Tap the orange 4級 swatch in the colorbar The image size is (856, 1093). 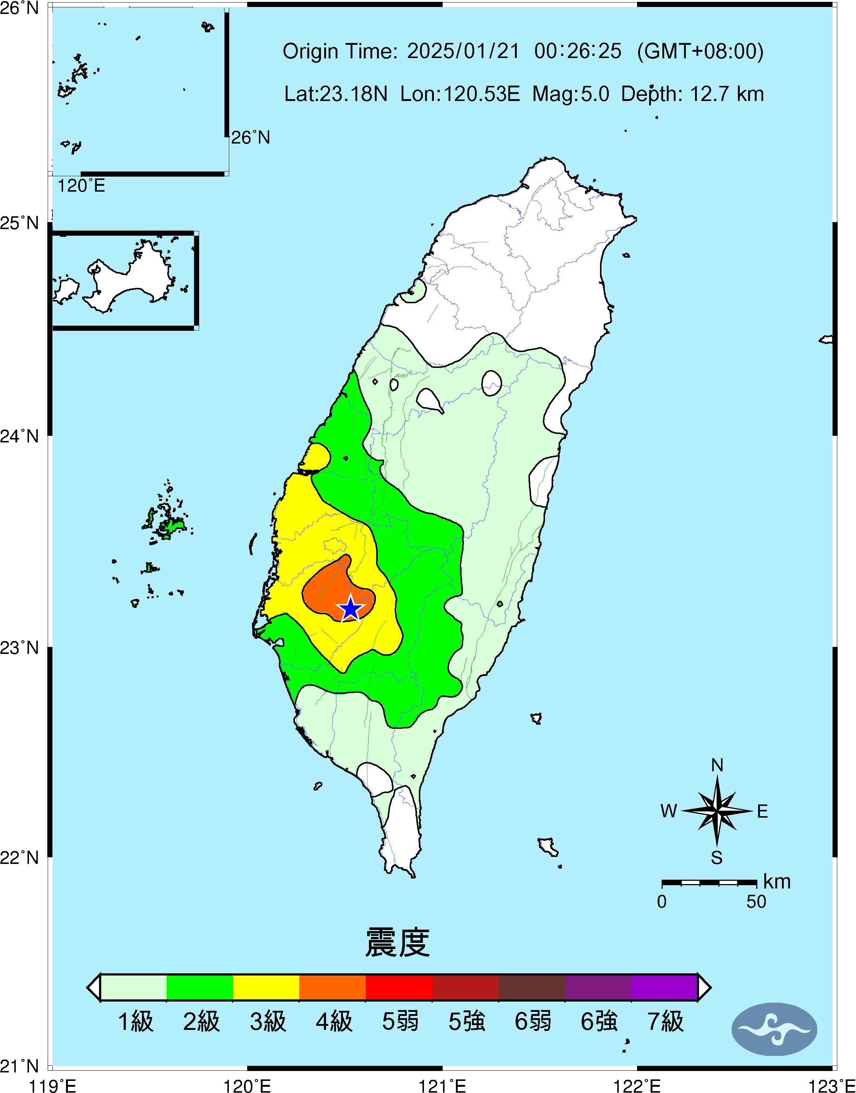click(x=332, y=987)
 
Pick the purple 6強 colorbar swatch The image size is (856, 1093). click(x=598, y=987)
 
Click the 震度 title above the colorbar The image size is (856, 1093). click(x=398, y=942)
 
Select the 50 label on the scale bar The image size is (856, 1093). click(x=756, y=901)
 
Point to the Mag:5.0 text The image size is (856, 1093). click(x=570, y=94)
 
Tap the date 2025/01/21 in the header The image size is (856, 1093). click(x=463, y=51)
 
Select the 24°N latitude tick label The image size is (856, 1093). click(x=19, y=436)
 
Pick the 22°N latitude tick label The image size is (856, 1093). click(x=19, y=857)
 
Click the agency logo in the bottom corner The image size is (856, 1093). click(x=774, y=1029)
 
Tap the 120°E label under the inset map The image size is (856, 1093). click(x=81, y=186)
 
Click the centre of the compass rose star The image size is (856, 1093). click(x=717, y=811)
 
